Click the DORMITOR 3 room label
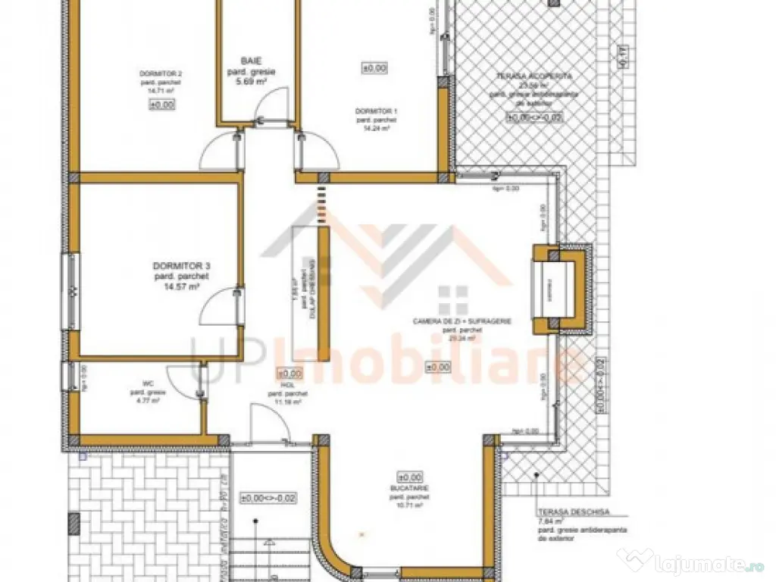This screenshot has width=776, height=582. click(x=181, y=266)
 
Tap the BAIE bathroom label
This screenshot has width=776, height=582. click(x=250, y=60)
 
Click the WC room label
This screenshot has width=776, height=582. click(x=137, y=382)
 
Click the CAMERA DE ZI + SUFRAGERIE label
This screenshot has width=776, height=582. click(x=462, y=321)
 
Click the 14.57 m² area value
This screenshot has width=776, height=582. click(x=182, y=287)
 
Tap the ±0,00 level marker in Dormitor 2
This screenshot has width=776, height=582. click(x=161, y=105)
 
